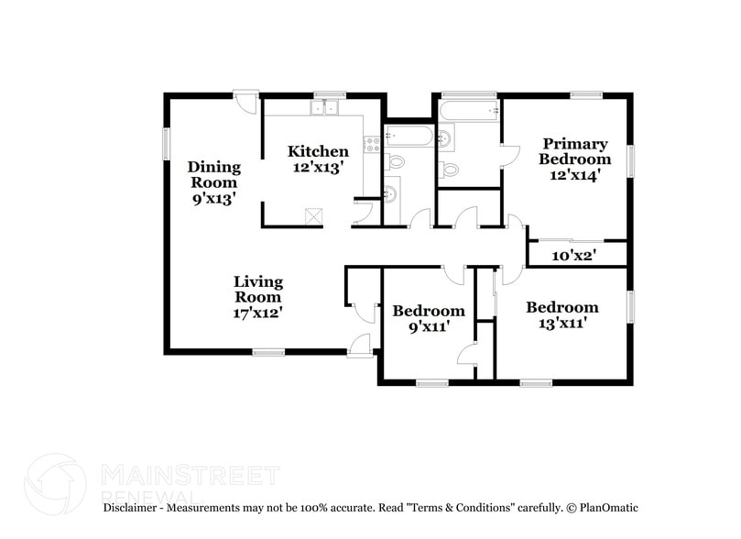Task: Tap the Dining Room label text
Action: (x=214, y=181)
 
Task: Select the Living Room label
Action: (x=257, y=296)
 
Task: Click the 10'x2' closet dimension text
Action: (x=574, y=256)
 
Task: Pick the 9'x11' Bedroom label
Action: (x=428, y=318)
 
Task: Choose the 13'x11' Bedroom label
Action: (x=561, y=314)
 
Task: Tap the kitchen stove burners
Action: (x=371, y=143)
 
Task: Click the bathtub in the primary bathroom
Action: (x=468, y=111)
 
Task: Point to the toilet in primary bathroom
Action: (x=449, y=169)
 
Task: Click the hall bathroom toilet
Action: (x=396, y=161)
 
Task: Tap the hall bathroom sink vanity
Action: (x=390, y=194)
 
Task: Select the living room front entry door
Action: (x=359, y=345)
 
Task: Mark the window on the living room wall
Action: (x=268, y=352)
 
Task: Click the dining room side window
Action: (x=167, y=142)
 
